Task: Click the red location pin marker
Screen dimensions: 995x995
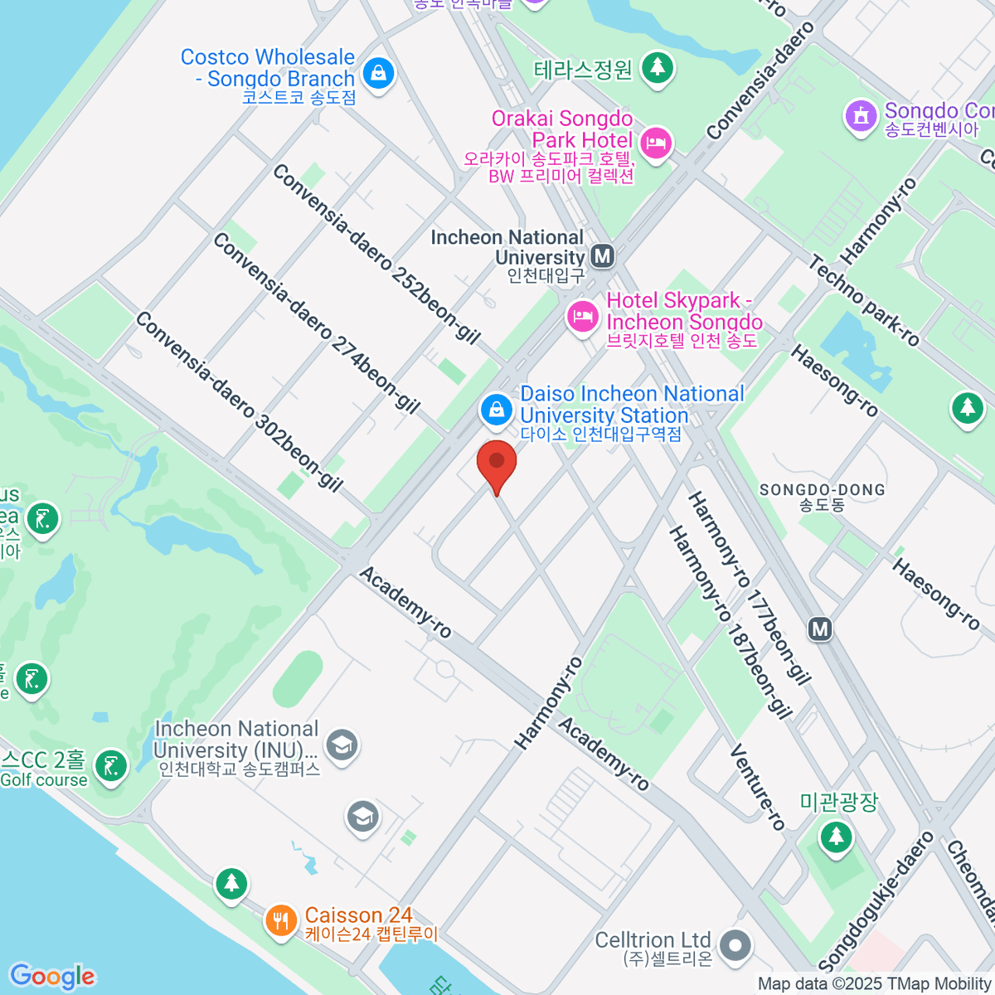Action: tap(497, 464)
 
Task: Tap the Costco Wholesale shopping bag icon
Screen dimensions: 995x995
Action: tap(379, 74)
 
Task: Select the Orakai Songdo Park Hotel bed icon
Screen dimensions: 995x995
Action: tap(656, 144)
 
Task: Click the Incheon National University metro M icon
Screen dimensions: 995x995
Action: tap(603, 256)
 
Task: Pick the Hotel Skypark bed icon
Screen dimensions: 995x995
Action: tap(582, 316)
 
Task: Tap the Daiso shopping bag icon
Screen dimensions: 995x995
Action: tap(497, 410)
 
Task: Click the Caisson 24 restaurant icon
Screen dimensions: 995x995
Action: tap(281, 920)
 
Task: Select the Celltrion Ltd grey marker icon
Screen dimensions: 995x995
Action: tap(735, 946)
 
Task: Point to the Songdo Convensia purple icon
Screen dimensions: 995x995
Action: tap(862, 116)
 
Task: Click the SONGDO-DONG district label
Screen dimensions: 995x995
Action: tap(822, 497)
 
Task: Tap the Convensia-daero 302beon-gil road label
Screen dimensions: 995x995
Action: tap(239, 402)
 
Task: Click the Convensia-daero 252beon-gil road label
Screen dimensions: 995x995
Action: tap(376, 254)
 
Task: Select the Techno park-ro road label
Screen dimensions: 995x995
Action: tap(864, 300)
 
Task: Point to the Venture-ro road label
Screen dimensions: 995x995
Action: tap(757, 787)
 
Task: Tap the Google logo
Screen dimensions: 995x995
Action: tap(51, 976)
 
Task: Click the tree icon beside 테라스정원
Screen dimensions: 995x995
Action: tap(658, 67)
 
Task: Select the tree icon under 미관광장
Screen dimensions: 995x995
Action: tap(836, 837)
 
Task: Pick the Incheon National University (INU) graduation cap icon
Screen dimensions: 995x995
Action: tap(342, 745)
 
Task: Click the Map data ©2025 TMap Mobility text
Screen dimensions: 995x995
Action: tap(874, 984)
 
